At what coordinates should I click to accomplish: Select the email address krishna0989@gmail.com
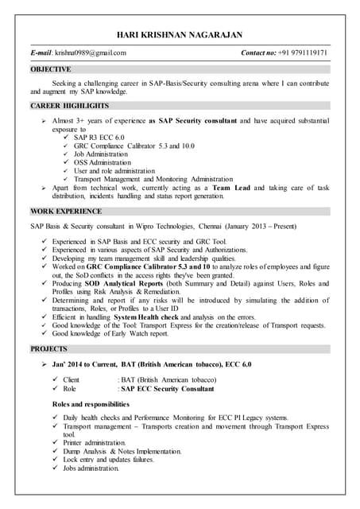[x=90, y=53]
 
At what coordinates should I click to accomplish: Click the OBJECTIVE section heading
[x=51, y=69]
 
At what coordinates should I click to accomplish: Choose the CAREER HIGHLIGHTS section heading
[x=70, y=105]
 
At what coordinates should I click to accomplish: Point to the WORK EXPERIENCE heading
[x=66, y=212]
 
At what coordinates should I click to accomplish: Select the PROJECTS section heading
[x=50, y=348]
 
